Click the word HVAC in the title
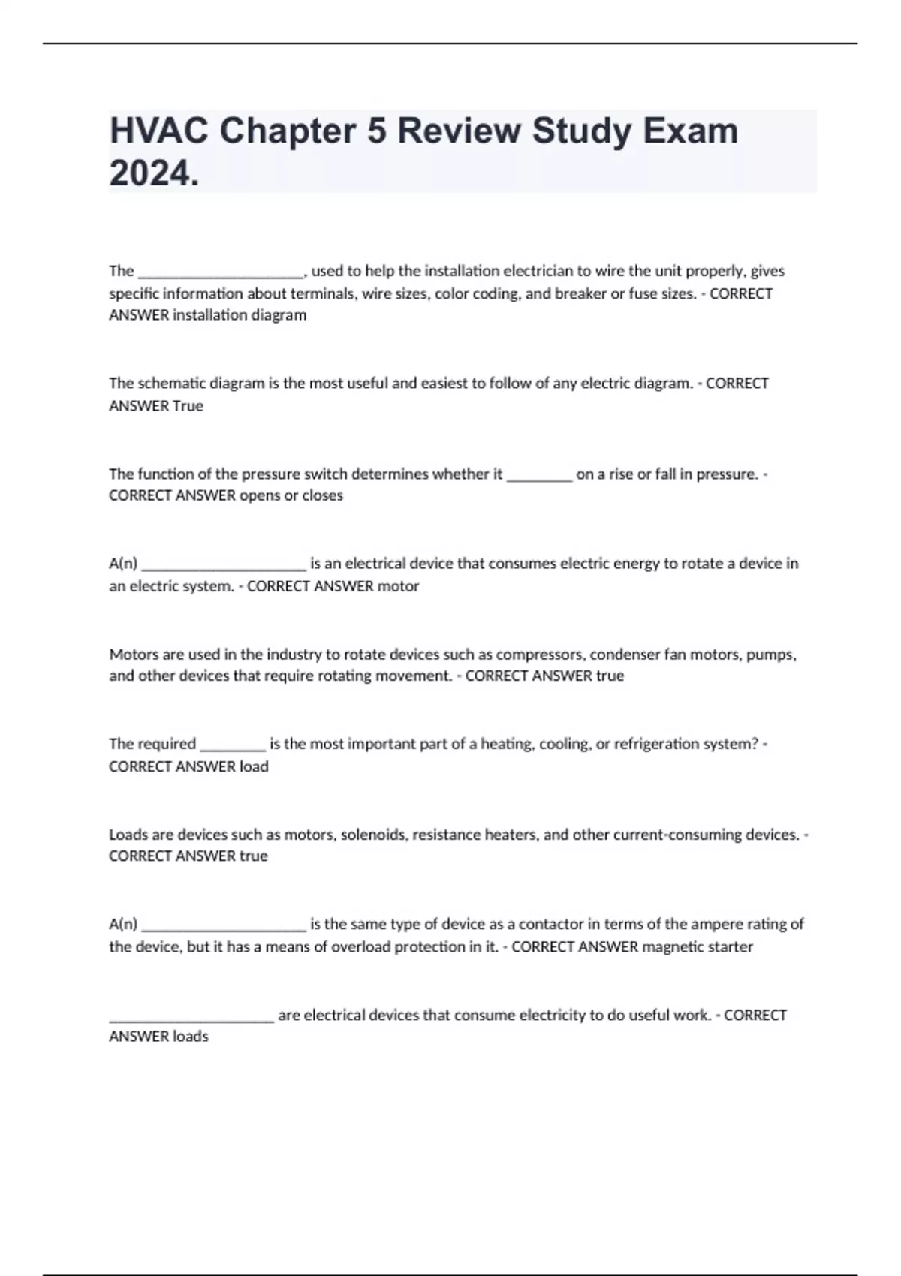pos(158,131)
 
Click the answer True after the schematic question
pos(188,406)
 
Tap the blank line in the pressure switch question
pos(539,474)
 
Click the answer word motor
pos(398,586)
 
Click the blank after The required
pos(233,745)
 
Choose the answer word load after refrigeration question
pos(254,766)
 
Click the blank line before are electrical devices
pos(191,1016)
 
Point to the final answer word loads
pos(191,1037)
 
